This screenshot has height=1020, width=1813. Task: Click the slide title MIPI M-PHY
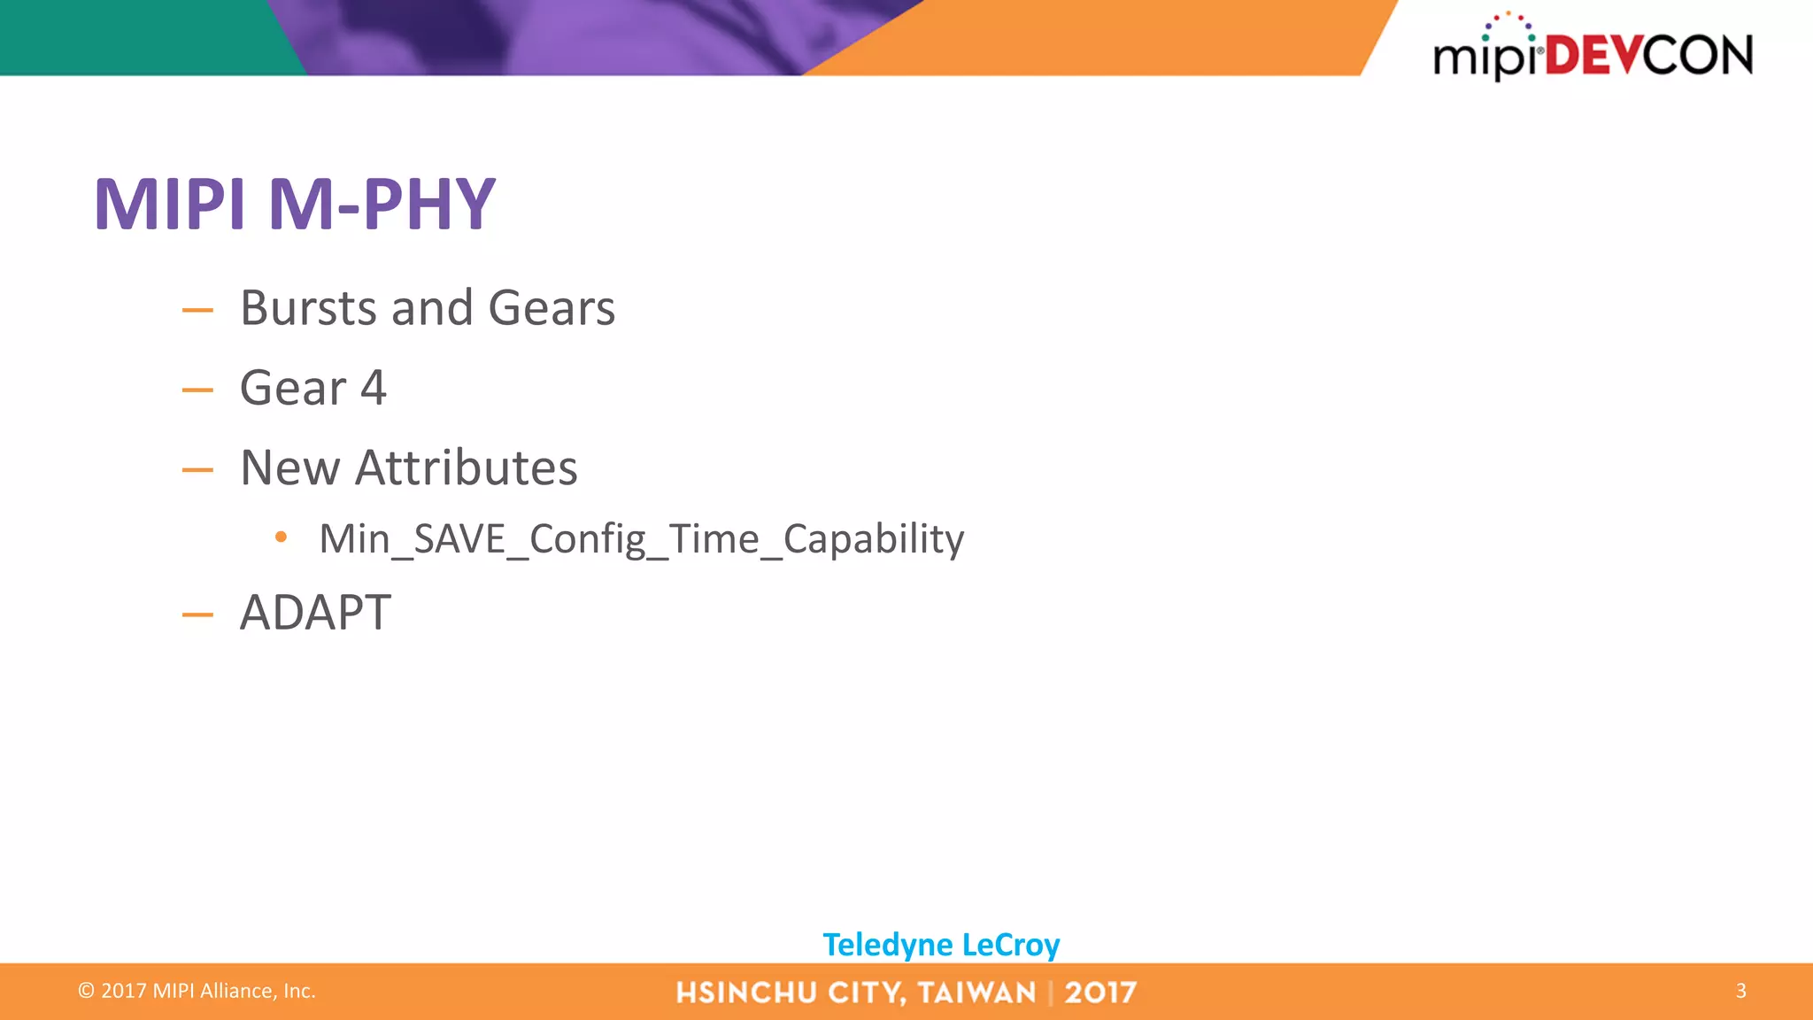pyautogui.click(x=294, y=205)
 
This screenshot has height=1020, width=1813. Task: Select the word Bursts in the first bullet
pyautogui.click(x=309, y=308)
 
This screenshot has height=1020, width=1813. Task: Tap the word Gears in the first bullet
pyautogui.click(x=551, y=308)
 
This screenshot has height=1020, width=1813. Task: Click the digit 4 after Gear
pyautogui.click(x=374, y=388)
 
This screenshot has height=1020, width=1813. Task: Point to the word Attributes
pyautogui.click(x=466, y=467)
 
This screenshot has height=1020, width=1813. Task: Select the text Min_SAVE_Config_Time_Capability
pyautogui.click(x=641, y=538)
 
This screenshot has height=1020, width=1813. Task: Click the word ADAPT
pyautogui.click(x=315, y=612)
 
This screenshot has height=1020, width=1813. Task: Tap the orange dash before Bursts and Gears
pyautogui.click(x=197, y=310)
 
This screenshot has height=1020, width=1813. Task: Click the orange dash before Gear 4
pyautogui.click(x=197, y=390)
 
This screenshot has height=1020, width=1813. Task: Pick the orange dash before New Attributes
pyautogui.click(x=197, y=469)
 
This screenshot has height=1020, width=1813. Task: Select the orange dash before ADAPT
pyautogui.click(x=197, y=614)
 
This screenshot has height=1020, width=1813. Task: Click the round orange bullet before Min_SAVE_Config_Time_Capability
pyautogui.click(x=282, y=537)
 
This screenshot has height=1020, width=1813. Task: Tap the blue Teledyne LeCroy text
pyautogui.click(x=941, y=945)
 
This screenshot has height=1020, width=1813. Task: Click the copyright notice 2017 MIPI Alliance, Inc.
pyautogui.click(x=197, y=991)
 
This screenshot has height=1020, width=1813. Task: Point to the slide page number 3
pyautogui.click(x=1740, y=991)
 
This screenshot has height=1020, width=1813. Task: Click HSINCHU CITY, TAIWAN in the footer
pyautogui.click(x=855, y=993)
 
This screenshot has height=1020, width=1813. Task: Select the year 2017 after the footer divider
pyautogui.click(x=1100, y=993)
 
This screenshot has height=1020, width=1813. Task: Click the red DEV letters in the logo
pyautogui.click(x=1593, y=56)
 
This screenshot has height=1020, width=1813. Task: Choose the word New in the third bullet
pyautogui.click(x=289, y=467)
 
